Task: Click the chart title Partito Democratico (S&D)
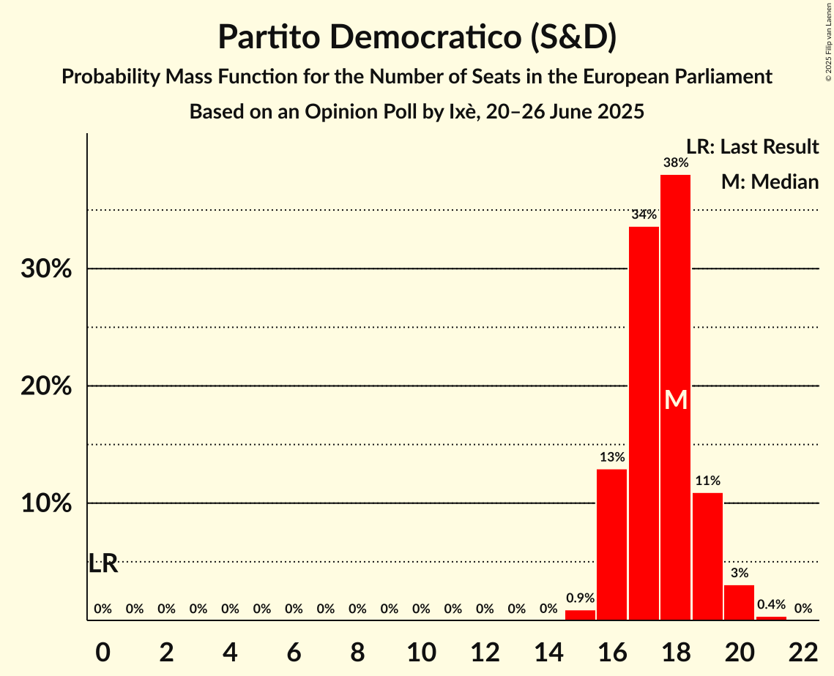coord(417,37)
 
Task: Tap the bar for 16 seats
coord(611,544)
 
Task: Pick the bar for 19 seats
coord(707,556)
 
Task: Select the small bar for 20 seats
coord(739,603)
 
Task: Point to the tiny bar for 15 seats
coord(580,615)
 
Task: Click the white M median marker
coord(676,400)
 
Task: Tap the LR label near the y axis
coord(103,564)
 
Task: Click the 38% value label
coord(675,163)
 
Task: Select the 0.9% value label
coord(580,598)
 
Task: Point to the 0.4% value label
coord(771,604)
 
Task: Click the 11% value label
coord(707,481)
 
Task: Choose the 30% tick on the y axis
coord(46,269)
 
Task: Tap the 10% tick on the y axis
coord(46,504)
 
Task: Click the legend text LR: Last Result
coord(752,147)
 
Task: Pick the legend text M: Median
coord(770,182)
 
